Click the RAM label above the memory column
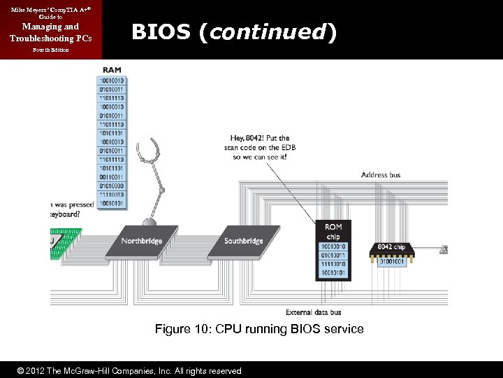(x=111, y=70)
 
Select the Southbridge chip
(x=243, y=241)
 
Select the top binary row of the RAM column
(x=112, y=80)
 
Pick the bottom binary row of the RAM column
(x=112, y=203)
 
